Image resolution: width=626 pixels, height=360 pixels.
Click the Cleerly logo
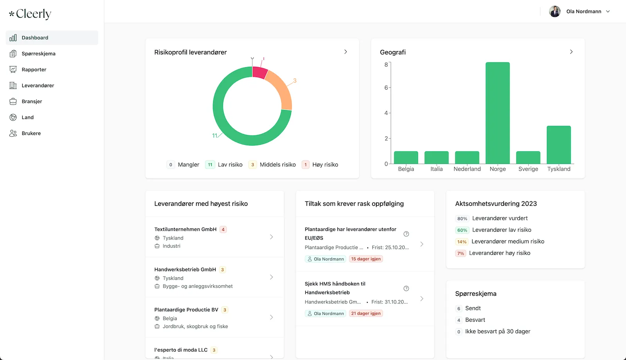tap(30, 14)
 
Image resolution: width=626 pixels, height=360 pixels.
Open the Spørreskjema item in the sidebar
tap(38, 54)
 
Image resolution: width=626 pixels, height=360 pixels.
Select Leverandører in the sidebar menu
tap(38, 85)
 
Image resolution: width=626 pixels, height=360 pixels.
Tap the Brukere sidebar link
tap(31, 133)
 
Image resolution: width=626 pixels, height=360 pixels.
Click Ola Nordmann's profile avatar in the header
tap(555, 11)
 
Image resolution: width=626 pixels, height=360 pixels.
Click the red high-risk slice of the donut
tap(259, 72)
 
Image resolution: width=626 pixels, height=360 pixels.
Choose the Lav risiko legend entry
tap(230, 165)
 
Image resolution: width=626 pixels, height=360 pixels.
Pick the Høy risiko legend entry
tap(325, 165)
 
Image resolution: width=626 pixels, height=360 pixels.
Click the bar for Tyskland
tap(559, 145)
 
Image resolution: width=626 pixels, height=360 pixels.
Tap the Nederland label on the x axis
tap(467, 169)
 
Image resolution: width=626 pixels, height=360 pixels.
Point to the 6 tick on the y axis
tap(386, 88)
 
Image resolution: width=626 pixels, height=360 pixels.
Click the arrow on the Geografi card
tap(571, 52)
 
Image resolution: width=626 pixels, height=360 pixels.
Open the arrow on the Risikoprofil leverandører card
tap(345, 52)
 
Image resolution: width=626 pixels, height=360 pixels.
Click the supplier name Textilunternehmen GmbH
tap(185, 229)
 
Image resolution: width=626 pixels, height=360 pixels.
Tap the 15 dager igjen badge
tap(366, 259)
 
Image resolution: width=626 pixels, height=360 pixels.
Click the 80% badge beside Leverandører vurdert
tap(462, 219)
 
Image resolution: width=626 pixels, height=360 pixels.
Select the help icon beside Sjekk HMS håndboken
tap(406, 288)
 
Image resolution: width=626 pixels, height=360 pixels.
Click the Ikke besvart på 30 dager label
tap(498, 331)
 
